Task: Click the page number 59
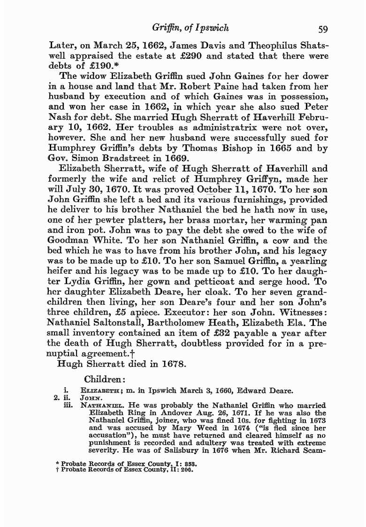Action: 322,30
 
